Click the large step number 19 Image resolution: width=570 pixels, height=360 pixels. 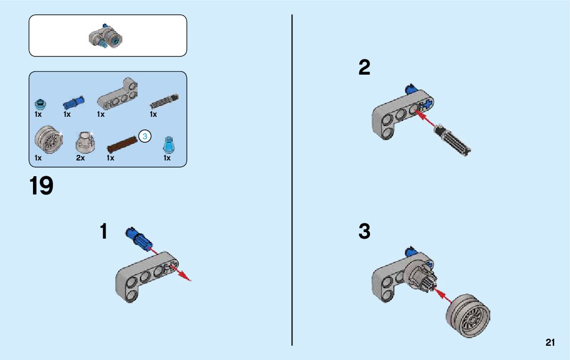point(41,186)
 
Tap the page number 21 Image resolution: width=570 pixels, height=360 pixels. point(550,343)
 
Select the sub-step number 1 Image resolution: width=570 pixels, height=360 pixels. point(104,232)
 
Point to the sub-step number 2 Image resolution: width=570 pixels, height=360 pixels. point(364,68)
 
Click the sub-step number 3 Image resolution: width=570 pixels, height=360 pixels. point(364,232)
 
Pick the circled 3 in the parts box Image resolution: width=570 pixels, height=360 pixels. point(145,137)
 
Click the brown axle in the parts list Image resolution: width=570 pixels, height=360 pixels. point(122,143)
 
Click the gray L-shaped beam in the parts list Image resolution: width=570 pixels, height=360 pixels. point(118,94)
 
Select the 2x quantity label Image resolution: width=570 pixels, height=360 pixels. point(80,158)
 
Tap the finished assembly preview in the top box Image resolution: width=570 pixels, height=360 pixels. point(107,37)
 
